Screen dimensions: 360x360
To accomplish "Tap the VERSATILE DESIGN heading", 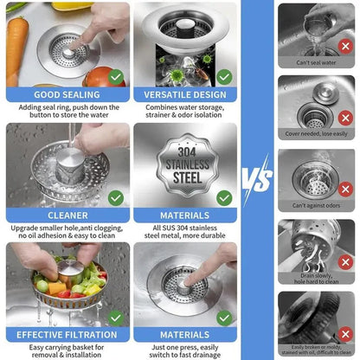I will tap(184, 94).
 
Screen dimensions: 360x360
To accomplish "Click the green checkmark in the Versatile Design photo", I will tap(223, 76).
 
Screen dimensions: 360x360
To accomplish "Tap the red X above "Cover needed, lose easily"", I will tap(345, 117).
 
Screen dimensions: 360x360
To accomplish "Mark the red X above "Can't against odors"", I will tap(345, 188).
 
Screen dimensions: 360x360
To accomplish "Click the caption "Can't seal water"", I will tap(315, 61).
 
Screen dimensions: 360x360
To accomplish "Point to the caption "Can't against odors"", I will tap(315, 205).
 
